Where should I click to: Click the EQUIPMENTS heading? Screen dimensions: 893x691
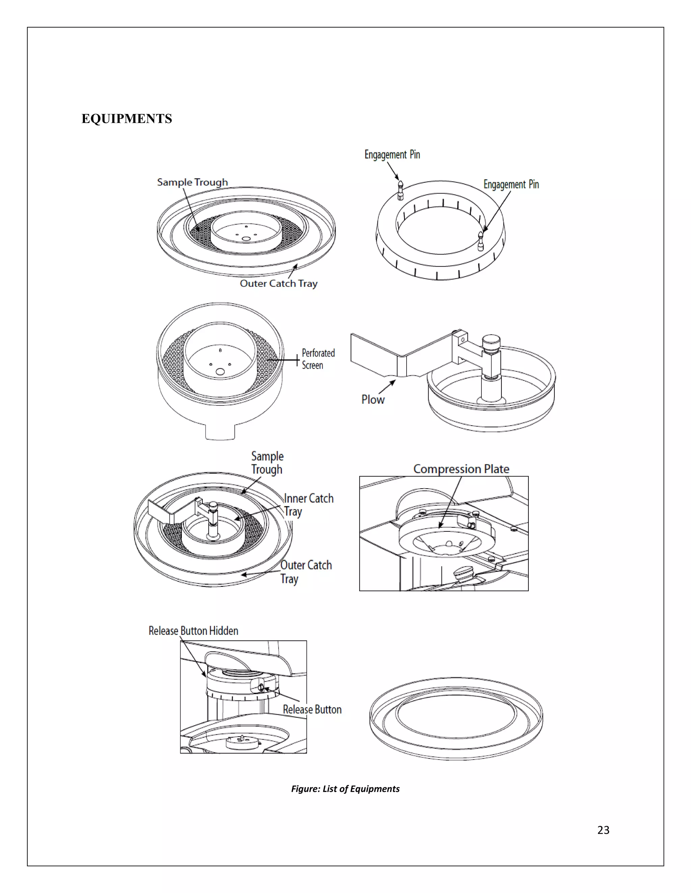(127, 119)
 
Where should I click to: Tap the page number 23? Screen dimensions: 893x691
(603, 830)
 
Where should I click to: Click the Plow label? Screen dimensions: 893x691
(372, 399)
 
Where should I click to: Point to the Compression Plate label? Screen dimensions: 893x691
(461, 469)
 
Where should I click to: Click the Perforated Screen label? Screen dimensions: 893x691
(318, 359)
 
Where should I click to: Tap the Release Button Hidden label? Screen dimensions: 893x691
(193, 630)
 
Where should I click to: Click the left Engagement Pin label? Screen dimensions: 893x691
(392, 155)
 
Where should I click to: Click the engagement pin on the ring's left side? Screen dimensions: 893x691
(400, 189)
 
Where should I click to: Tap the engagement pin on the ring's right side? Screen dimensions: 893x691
(481, 240)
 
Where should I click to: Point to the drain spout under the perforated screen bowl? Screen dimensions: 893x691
(220, 432)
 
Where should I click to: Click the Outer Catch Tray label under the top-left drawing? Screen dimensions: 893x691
(278, 283)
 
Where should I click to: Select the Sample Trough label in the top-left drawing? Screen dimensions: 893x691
(192, 182)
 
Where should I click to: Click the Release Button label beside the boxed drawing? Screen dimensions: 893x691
(312, 709)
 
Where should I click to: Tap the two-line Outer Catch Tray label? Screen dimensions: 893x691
(305, 572)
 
